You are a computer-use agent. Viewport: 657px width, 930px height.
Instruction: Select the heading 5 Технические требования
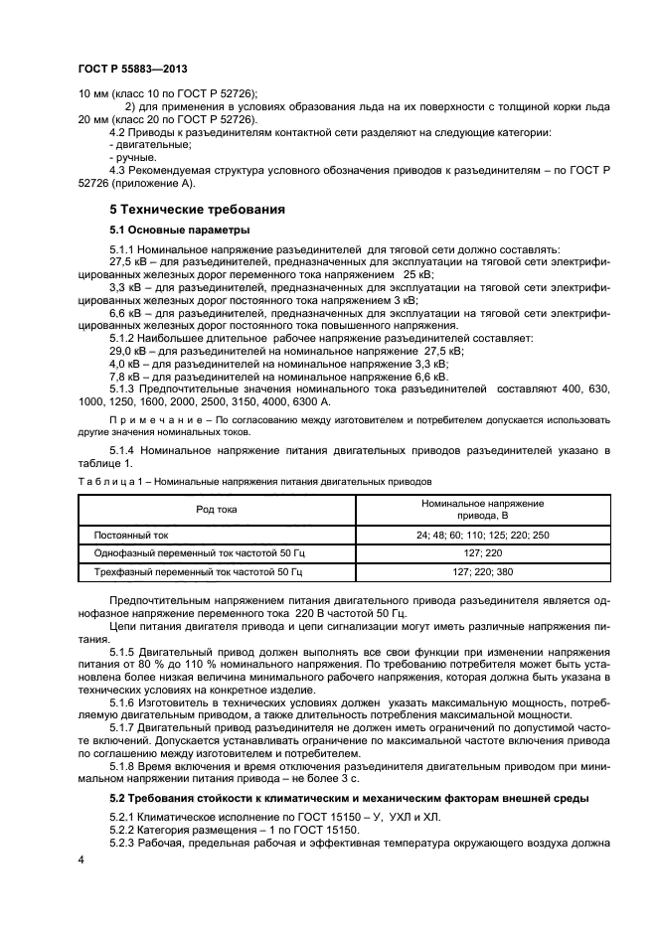point(197,210)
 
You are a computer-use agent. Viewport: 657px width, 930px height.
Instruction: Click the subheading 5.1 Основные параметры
point(172,231)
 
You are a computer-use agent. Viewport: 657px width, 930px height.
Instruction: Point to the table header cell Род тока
point(216,510)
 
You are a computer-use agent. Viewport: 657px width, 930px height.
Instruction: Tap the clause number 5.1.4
point(122,451)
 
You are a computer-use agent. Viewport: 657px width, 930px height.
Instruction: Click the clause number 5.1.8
point(122,766)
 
